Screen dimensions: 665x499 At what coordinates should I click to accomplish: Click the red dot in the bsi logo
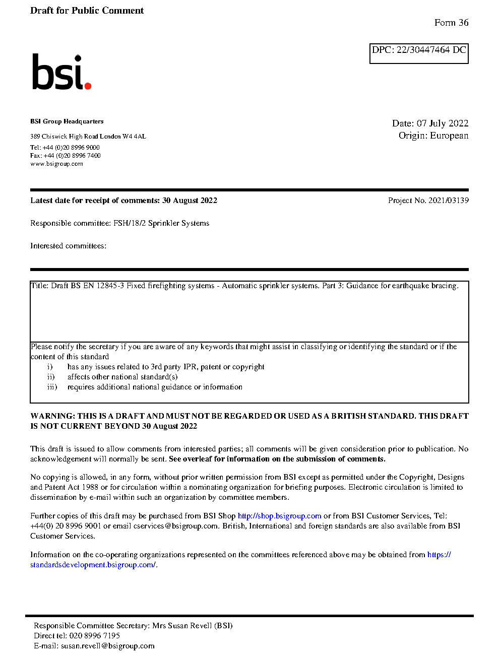click(x=88, y=86)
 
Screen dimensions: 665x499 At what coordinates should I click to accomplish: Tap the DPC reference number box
click(x=419, y=53)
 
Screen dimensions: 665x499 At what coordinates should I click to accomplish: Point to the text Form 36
click(x=451, y=23)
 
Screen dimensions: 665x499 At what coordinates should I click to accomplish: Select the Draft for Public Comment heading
click(x=87, y=11)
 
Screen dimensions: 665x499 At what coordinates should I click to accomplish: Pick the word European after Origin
click(x=449, y=136)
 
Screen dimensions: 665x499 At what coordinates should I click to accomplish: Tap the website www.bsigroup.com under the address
click(x=56, y=164)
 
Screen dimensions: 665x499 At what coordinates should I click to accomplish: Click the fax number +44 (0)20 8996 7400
click(x=72, y=156)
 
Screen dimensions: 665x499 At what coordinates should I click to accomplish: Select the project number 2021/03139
click(x=449, y=201)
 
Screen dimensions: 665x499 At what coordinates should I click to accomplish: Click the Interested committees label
click(x=68, y=246)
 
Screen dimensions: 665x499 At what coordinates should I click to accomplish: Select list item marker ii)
click(x=51, y=377)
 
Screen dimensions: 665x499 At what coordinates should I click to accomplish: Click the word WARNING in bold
click(x=52, y=416)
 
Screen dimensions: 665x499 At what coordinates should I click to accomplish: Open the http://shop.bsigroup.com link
click(x=279, y=516)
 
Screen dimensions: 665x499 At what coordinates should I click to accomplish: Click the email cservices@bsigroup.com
click(x=176, y=526)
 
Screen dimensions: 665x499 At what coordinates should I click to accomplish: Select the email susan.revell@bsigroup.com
click(x=108, y=646)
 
